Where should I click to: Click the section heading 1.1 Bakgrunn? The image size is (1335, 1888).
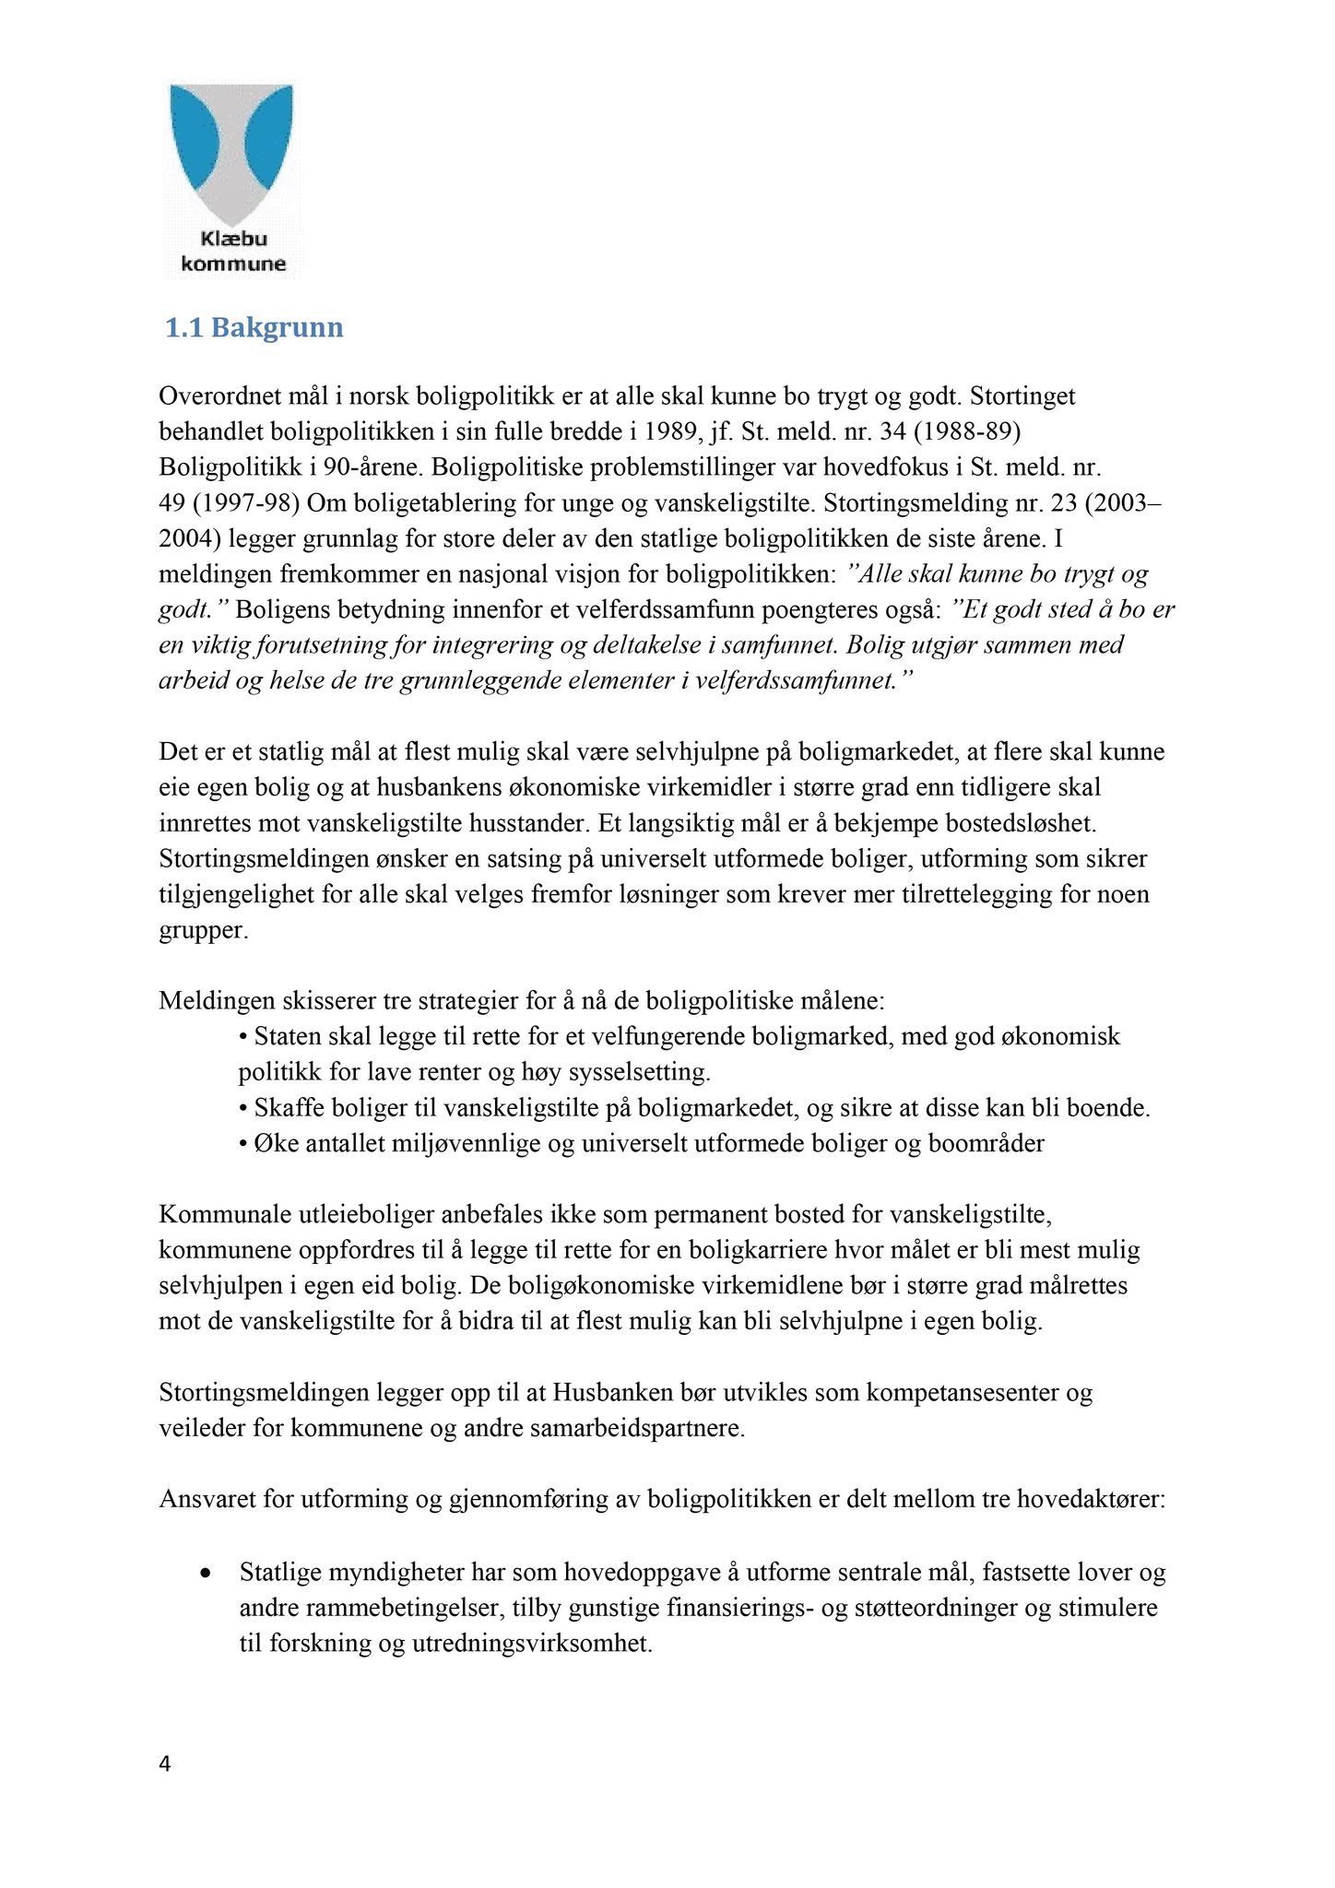[254, 328]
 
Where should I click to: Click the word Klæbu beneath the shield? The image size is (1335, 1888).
[233, 239]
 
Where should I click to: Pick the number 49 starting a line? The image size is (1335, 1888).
[172, 503]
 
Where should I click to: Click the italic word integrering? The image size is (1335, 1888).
[478, 645]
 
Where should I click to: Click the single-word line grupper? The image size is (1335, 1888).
[203, 929]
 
